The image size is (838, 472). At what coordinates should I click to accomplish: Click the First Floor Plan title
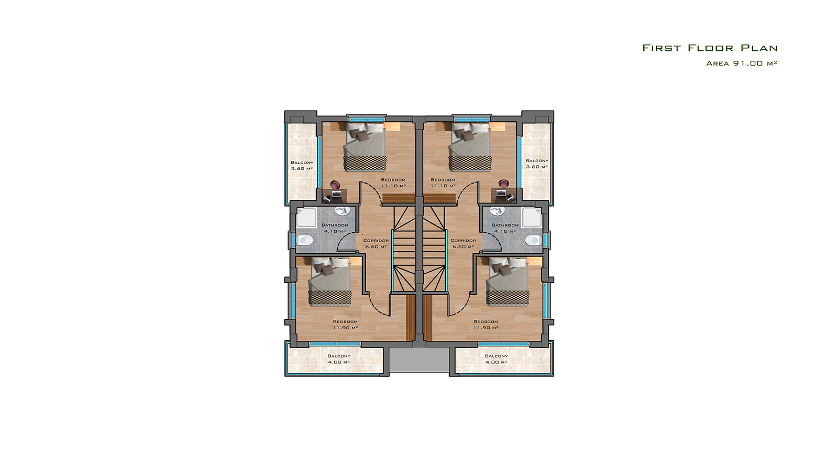click(x=710, y=48)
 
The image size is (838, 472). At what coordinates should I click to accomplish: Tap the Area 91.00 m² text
click(x=742, y=63)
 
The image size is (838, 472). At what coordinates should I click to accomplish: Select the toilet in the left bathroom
click(x=305, y=239)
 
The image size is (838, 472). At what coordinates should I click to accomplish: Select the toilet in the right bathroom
click(x=533, y=239)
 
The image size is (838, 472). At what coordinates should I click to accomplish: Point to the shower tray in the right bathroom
click(x=532, y=217)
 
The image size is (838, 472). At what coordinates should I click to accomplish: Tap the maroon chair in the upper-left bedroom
click(x=335, y=184)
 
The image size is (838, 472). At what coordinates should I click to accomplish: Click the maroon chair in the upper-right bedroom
click(x=504, y=184)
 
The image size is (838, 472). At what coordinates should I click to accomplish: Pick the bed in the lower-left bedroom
click(x=330, y=281)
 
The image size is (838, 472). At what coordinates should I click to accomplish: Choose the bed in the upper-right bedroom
click(x=470, y=146)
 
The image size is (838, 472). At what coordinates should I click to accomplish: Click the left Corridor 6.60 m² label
click(x=376, y=243)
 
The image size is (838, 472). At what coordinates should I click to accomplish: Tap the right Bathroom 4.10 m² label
click(x=505, y=228)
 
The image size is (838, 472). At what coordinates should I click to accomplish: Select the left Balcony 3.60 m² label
click(x=302, y=166)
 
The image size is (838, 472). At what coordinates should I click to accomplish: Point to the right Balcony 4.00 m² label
click(x=497, y=359)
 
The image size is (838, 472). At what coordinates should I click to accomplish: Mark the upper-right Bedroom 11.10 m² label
click(x=443, y=183)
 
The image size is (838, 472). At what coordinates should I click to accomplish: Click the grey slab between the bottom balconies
click(x=419, y=360)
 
